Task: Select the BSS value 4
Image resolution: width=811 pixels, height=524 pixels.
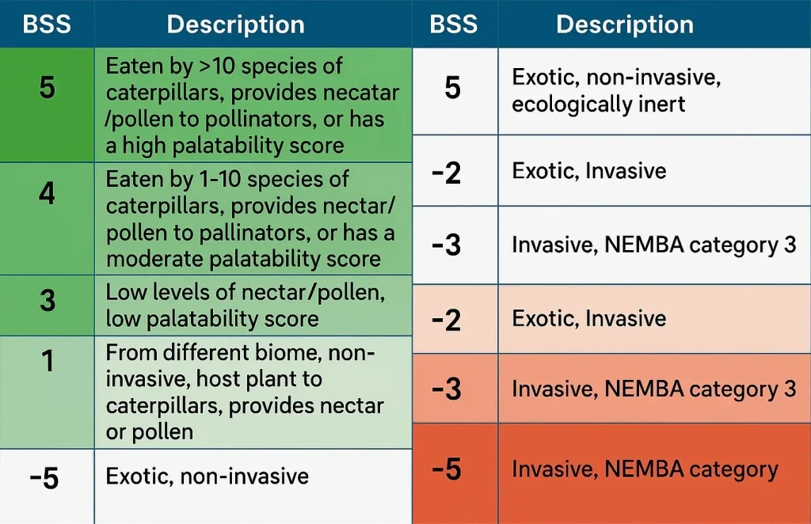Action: (x=47, y=194)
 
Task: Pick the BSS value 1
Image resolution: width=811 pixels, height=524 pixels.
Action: (x=48, y=361)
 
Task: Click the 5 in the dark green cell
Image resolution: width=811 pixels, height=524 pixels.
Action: (x=47, y=87)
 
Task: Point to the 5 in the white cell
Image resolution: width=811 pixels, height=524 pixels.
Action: (x=452, y=88)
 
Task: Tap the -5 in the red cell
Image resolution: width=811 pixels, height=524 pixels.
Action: (x=447, y=469)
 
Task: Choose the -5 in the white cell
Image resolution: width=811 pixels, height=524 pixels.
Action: (x=44, y=478)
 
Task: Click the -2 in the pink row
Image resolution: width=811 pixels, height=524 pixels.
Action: (x=447, y=320)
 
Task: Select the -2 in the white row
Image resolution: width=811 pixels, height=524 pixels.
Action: (x=447, y=173)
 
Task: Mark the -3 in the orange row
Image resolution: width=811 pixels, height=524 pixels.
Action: (x=447, y=389)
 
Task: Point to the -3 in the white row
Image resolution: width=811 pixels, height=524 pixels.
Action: (x=447, y=245)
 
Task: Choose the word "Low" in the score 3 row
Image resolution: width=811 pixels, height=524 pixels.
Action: (x=126, y=293)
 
